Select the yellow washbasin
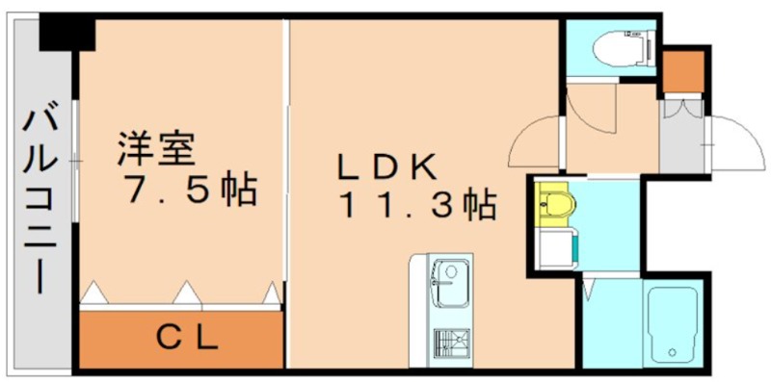(557, 203)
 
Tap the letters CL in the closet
(189, 338)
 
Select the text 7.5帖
(187, 190)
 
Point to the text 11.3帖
(414, 205)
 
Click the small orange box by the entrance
(680, 67)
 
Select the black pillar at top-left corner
(68, 35)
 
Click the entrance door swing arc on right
(729, 144)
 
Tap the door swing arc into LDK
(535, 142)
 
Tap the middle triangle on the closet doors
(185, 291)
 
